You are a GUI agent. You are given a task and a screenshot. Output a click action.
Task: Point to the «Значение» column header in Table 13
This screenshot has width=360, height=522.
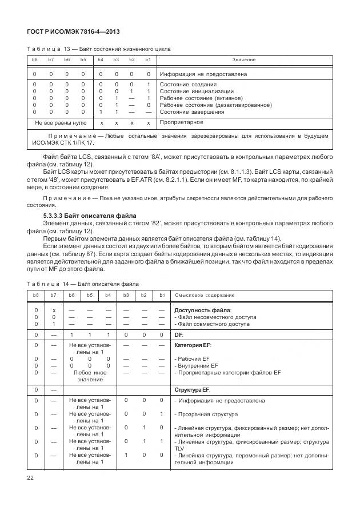(x=243, y=60)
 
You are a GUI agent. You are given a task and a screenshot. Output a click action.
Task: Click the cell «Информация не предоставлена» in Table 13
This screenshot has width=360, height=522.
(x=203, y=74)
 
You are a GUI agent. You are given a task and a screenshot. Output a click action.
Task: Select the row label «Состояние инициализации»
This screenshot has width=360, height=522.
(x=196, y=91)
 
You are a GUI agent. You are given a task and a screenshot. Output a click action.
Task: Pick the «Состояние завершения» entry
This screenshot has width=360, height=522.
(x=191, y=112)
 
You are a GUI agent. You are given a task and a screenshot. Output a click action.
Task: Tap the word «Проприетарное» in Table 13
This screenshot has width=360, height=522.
(x=182, y=122)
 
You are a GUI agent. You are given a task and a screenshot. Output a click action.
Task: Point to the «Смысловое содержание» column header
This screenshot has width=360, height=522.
(x=204, y=295)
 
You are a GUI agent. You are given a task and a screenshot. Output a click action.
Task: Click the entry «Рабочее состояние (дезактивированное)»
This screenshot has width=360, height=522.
(x=215, y=105)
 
